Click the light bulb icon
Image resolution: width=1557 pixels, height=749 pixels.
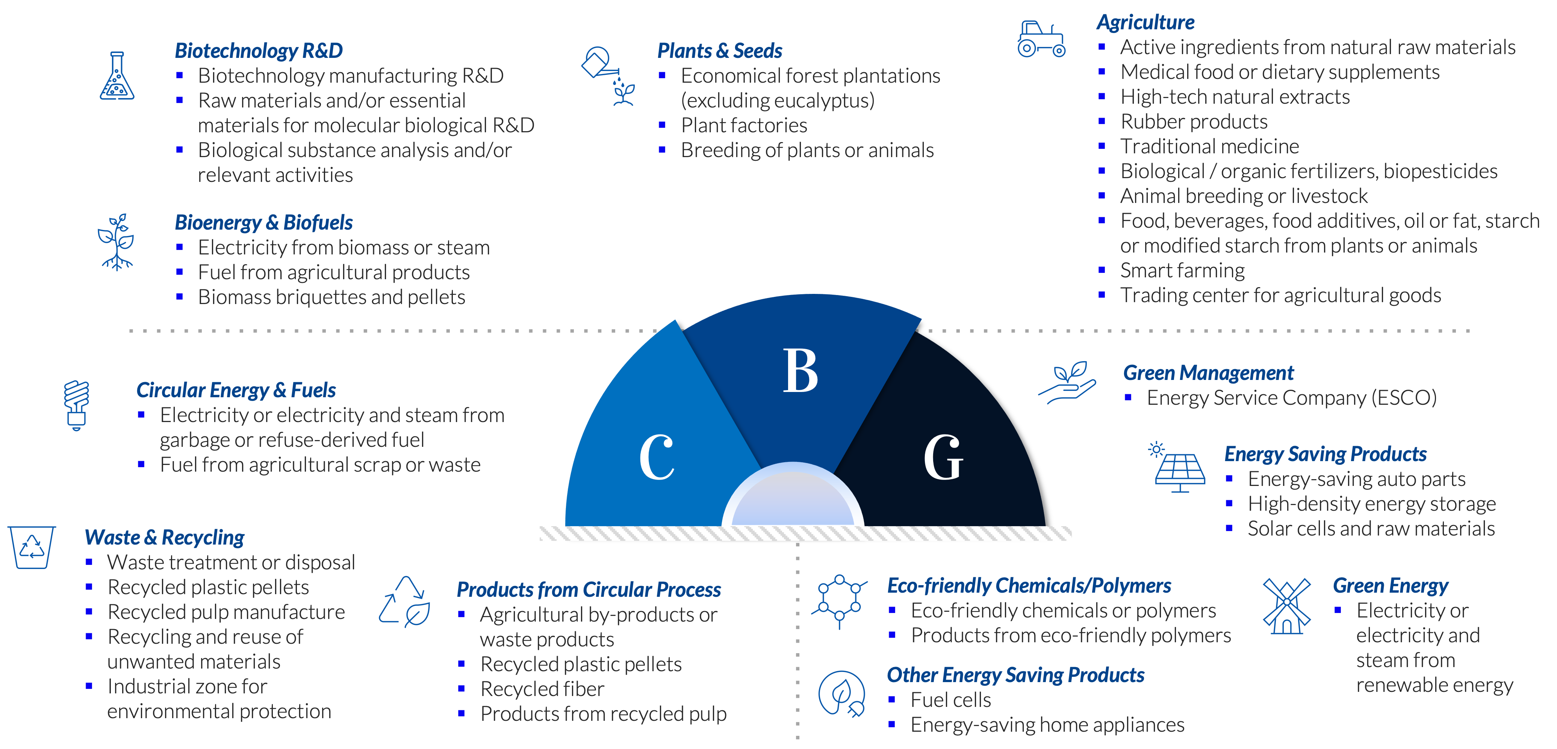(77, 405)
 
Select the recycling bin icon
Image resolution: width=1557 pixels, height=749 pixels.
(32, 547)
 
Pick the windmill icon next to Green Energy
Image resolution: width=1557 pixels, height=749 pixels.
(1287, 606)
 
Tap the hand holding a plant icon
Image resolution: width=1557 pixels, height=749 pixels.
(1067, 383)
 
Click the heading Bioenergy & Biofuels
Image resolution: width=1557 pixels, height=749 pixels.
(263, 222)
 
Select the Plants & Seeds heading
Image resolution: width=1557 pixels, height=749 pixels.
(720, 51)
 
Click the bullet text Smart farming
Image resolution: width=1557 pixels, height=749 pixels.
(1182, 270)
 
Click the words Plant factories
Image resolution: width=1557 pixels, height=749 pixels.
(744, 125)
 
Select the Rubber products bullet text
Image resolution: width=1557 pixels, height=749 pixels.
(1194, 121)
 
